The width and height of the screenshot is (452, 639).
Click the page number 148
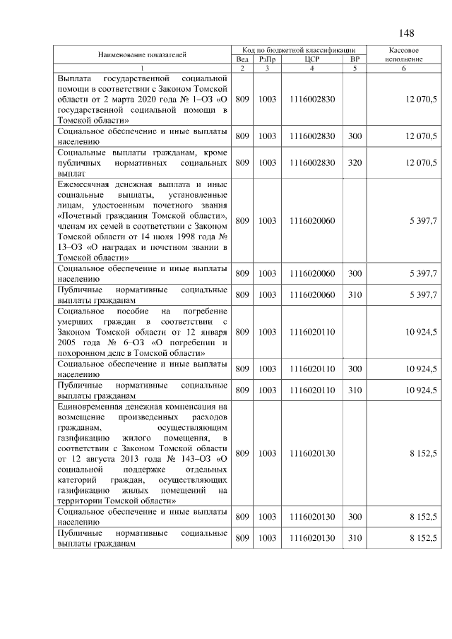(405, 34)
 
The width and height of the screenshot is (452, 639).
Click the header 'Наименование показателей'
(143, 54)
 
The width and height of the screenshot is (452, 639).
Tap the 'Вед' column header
(242, 59)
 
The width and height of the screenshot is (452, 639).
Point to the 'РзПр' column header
(267, 59)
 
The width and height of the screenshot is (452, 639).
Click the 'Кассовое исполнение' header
(405, 55)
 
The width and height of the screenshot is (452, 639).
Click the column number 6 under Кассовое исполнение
(405, 68)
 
